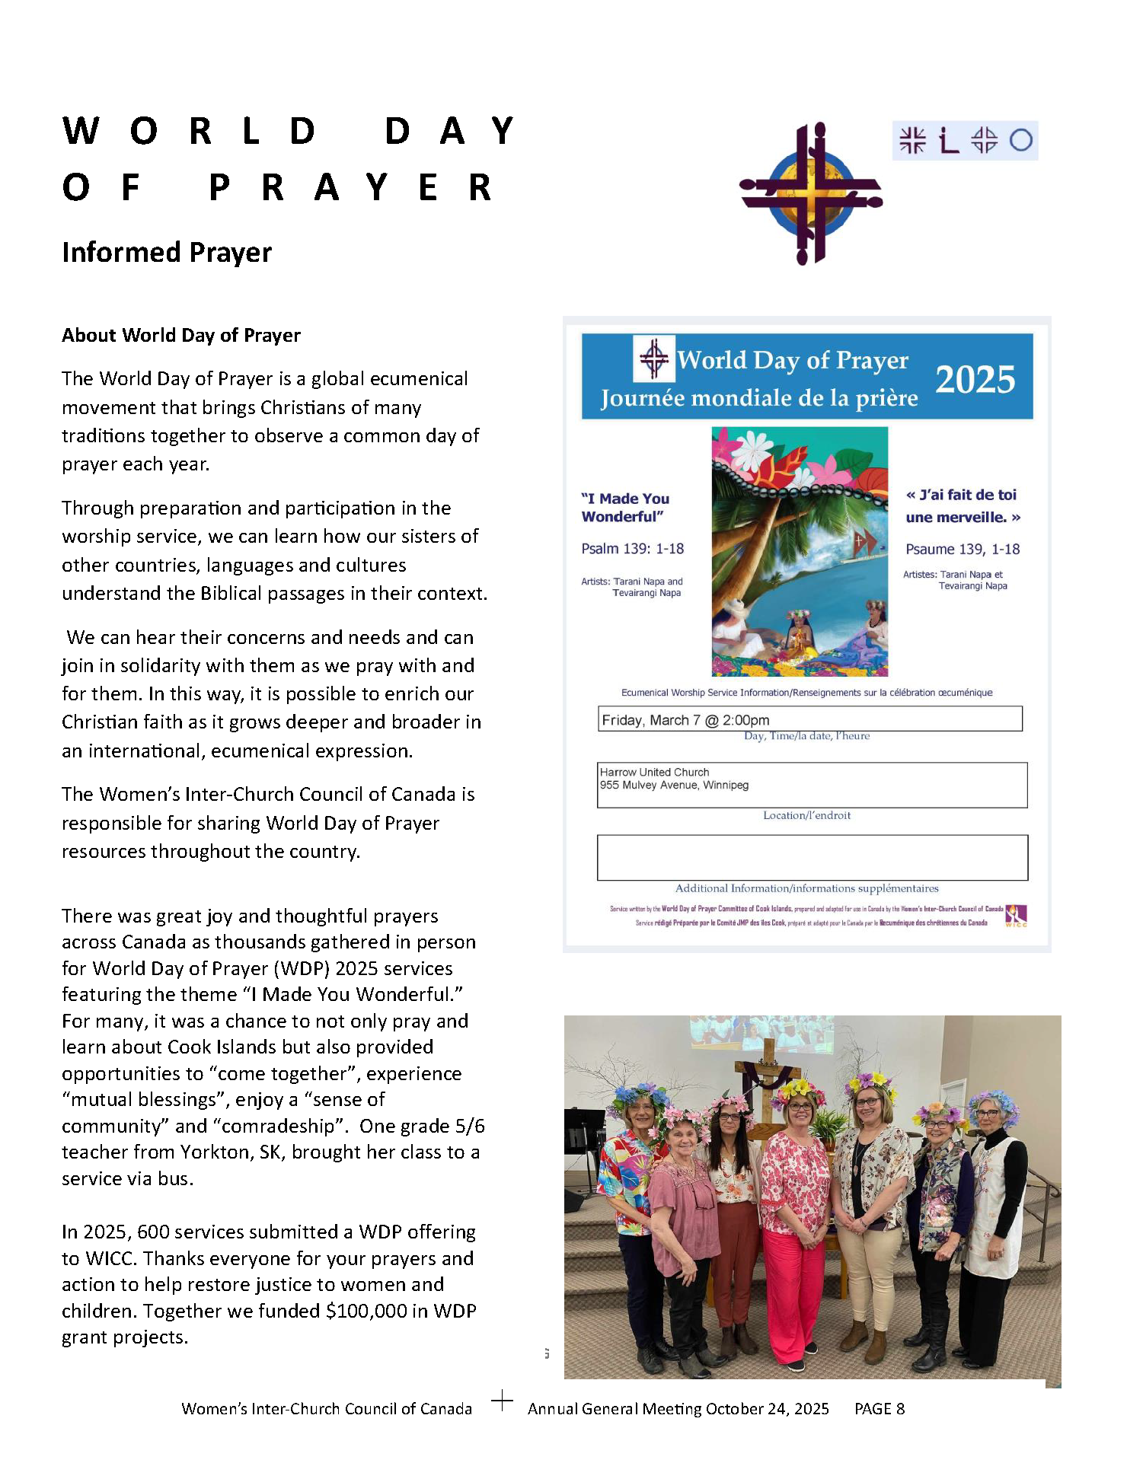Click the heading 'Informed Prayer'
(167, 253)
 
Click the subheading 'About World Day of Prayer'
(181, 336)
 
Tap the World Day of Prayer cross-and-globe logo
(811, 194)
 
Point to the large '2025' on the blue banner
(975, 379)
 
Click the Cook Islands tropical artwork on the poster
(800, 552)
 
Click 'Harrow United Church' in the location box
(654, 772)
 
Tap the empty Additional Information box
(812, 858)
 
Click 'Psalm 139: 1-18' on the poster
(632, 549)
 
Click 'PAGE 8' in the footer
(880, 1409)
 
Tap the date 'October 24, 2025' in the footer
(767, 1409)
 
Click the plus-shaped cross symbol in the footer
(502, 1401)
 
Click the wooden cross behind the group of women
(769, 1066)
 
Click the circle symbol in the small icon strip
(1021, 141)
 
